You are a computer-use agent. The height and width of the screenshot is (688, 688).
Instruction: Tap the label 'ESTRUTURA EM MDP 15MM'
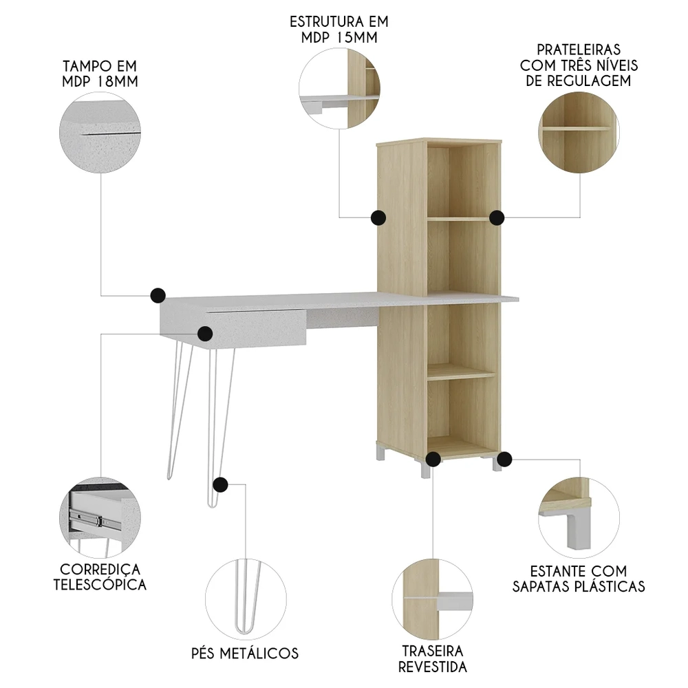(339, 28)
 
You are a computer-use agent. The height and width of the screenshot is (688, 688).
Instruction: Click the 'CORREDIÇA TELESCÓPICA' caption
(103, 577)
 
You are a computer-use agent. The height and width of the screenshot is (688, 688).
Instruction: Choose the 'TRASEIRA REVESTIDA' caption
(433, 658)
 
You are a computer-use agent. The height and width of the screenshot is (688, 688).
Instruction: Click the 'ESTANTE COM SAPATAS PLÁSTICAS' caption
(579, 579)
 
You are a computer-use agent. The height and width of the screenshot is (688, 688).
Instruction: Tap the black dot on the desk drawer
(205, 334)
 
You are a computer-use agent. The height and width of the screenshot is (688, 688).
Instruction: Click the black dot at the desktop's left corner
(158, 296)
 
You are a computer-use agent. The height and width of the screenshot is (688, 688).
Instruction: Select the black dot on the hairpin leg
(220, 485)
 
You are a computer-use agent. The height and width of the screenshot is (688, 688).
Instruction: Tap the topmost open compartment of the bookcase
(462, 180)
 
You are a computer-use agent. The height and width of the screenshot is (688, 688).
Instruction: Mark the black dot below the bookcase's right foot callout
(504, 458)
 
